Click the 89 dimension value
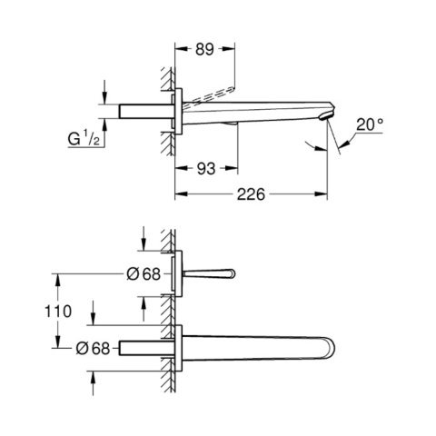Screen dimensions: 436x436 (204, 49)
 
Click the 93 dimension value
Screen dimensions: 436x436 (206, 169)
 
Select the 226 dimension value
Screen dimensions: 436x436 (251, 194)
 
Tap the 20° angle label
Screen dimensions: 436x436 (370, 124)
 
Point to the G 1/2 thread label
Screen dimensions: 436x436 (84, 138)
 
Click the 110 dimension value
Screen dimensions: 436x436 (58, 312)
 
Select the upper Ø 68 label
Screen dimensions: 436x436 (144, 274)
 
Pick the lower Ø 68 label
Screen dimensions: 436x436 (93, 348)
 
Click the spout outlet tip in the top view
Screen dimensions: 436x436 (329, 115)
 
